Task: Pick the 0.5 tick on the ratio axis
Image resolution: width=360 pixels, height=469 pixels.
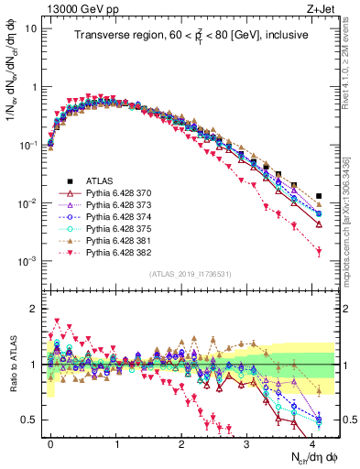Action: [30, 420]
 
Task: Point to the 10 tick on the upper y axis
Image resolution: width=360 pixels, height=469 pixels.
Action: [29, 28]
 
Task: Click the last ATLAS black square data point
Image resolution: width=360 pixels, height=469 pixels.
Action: [319, 196]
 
